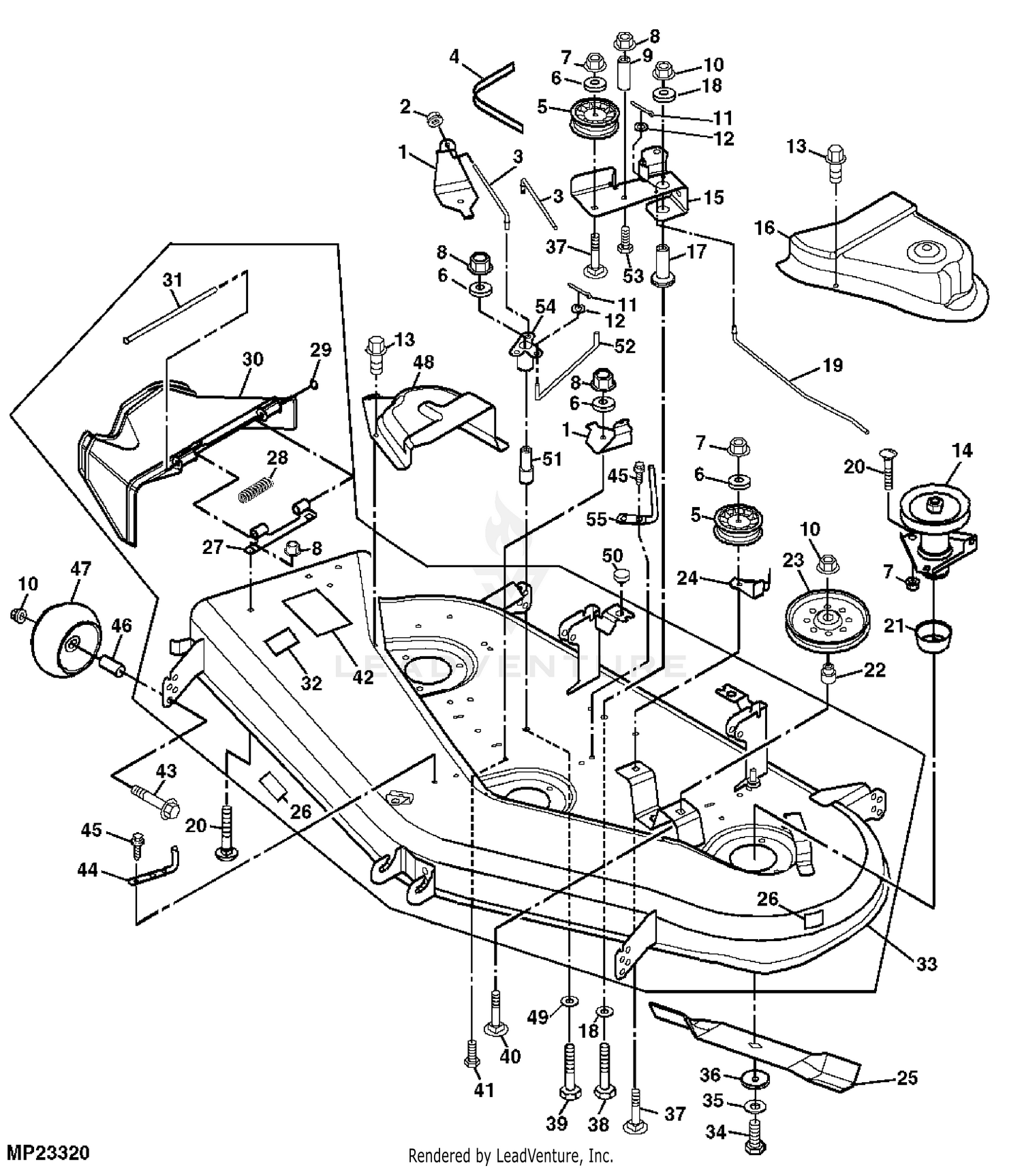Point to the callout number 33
pos(926,964)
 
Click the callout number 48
pos(423,362)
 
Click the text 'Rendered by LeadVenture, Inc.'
pos(510,1156)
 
